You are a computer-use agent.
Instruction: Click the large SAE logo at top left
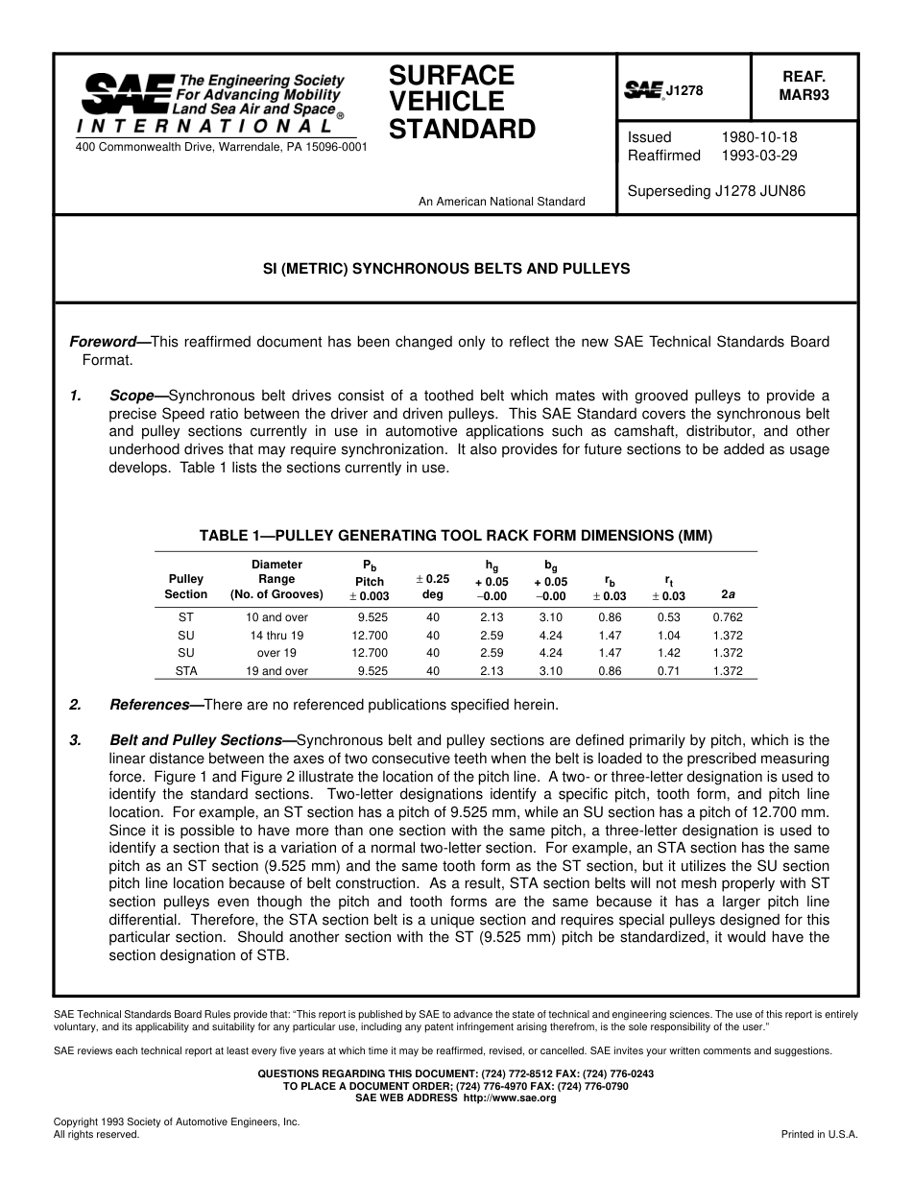tap(128, 93)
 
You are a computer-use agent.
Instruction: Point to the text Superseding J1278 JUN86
tap(716, 191)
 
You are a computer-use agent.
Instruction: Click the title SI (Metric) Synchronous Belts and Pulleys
tap(447, 269)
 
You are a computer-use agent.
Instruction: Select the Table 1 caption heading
tap(455, 536)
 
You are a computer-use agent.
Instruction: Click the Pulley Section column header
tap(185, 587)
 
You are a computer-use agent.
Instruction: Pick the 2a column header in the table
tap(728, 594)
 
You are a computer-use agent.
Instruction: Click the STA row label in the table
tap(186, 671)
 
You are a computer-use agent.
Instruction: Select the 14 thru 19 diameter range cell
tap(276, 636)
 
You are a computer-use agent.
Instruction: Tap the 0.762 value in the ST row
tap(728, 617)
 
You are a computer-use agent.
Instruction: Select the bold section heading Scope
tap(132, 396)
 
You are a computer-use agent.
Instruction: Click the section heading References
tap(150, 705)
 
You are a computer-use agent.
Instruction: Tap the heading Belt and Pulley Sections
tap(197, 740)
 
